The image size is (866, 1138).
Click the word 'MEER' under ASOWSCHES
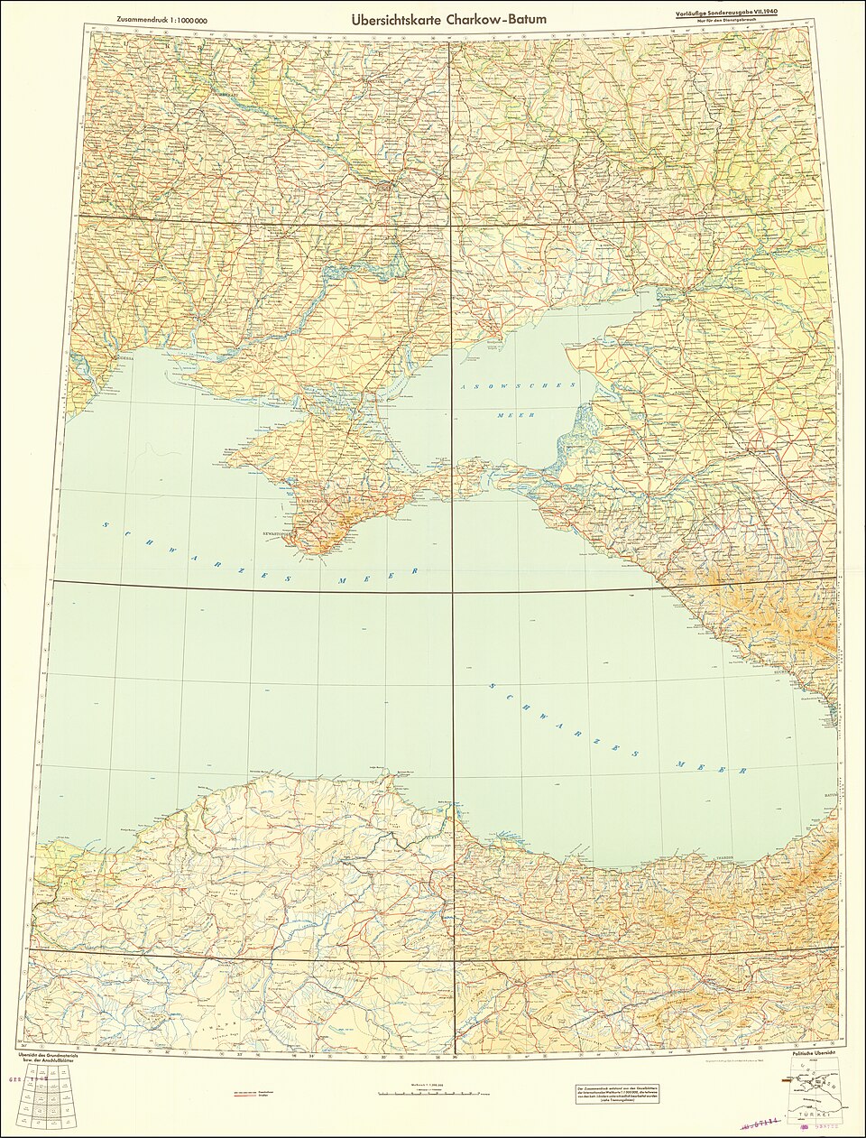click(x=510, y=415)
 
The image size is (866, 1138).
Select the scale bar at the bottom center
click(x=433, y=1093)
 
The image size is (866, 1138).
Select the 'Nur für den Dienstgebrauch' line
click(x=736, y=23)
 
